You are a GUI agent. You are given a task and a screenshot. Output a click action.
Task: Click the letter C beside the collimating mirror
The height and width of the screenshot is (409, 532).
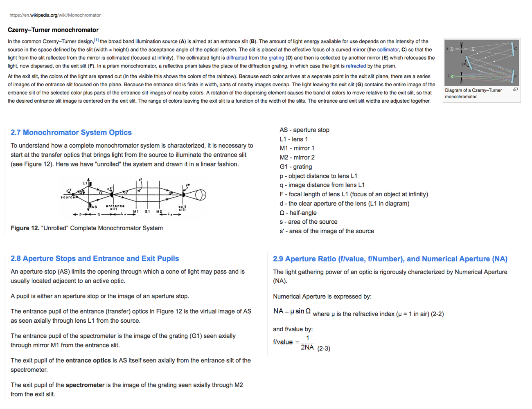[x=515, y=49]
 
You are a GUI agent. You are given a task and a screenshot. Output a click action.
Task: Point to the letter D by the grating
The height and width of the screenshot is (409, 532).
[x=464, y=64]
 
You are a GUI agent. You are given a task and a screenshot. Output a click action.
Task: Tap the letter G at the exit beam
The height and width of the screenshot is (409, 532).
[x=449, y=76]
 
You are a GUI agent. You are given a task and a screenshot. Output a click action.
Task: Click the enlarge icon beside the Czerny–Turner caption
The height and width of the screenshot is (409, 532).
[x=515, y=89]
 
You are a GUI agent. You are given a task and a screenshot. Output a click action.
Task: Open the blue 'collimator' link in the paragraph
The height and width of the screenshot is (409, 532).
[x=388, y=49]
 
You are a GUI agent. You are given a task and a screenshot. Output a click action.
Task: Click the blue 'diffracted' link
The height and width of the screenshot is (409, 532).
[x=237, y=58]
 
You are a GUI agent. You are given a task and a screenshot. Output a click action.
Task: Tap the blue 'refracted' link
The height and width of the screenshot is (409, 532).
[x=356, y=66]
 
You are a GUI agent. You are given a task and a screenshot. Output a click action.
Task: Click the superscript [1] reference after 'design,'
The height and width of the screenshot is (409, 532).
[x=96, y=40]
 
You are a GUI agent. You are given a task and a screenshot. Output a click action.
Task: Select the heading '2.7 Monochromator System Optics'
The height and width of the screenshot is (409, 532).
[x=71, y=133]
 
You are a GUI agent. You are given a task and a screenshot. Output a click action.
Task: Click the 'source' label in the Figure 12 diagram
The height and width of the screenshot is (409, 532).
[x=68, y=197]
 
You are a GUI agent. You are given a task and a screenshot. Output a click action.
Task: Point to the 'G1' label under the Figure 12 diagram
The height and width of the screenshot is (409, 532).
[x=147, y=211]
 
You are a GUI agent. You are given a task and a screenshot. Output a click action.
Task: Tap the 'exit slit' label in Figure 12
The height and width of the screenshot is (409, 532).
[x=183, y=208]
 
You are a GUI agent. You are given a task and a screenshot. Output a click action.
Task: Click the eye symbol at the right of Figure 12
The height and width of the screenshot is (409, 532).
[x=200, y=195]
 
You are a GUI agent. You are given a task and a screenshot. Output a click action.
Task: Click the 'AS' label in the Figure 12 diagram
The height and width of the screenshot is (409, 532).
[x=94, y=207]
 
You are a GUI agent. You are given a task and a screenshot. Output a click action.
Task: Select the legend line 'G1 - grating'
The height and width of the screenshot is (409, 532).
[x=296, y=166]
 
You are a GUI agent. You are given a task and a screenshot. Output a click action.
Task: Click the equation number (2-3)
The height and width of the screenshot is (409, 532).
[x=324, y=348]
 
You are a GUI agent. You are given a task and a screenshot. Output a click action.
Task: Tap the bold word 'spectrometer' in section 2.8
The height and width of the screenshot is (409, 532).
[x=85, y=385]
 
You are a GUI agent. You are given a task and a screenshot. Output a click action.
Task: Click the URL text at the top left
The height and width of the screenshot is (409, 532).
[x=55, y=15]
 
